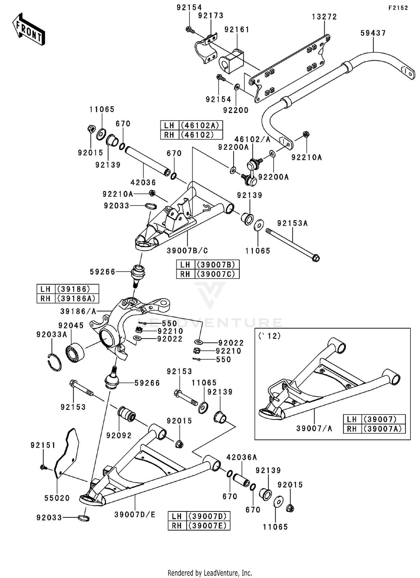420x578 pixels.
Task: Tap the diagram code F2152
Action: pyautogui.click(x=398, y=8)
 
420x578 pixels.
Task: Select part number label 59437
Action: pyautogui.click(x=373, y=33)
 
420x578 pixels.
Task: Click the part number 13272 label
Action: pyautogui.click(x=324, y=17)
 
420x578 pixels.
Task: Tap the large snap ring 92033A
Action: pyautogui.click(x=54, y=363)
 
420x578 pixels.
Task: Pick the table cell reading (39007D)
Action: pyautogui.click(x=207, y=516)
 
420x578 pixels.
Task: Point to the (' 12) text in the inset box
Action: pyautogui.click(x=269, y=336)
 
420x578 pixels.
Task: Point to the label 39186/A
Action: pyautogui.click(x=78, y=311)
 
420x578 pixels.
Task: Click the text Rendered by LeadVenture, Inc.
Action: pyautogui.click(x=210, y=573)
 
